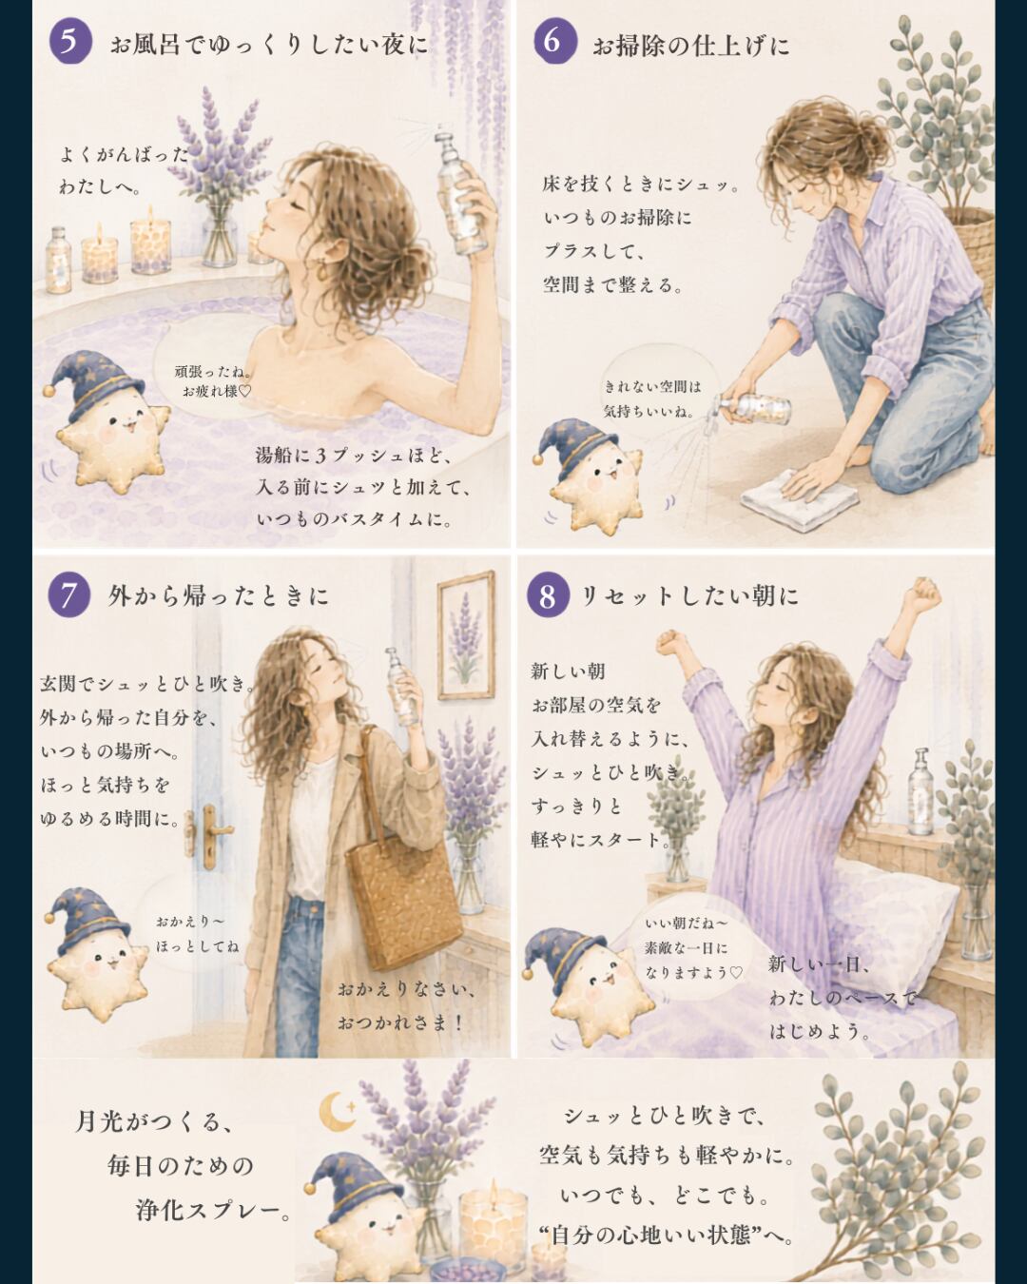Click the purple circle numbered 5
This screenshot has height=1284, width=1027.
69,41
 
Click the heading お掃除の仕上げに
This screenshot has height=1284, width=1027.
690,46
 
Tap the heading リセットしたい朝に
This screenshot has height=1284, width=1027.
689,595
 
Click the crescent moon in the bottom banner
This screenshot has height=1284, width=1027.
336,1111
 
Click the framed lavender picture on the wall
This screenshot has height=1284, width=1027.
466,634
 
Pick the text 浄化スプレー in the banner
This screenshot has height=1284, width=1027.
213,1211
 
